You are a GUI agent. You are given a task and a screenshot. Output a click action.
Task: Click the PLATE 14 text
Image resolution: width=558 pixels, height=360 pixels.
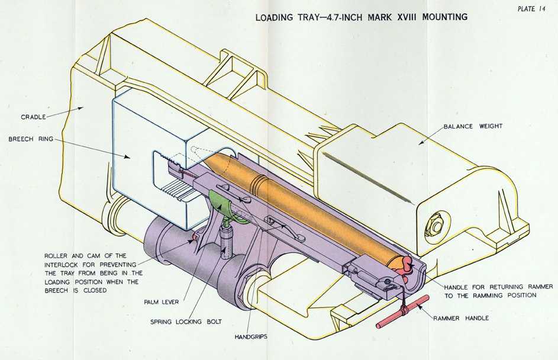[531, 8]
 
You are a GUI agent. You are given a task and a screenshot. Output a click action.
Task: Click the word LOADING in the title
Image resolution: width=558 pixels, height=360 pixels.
[275, 17]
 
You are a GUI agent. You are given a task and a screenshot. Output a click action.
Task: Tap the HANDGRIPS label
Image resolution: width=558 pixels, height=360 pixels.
[251, 337]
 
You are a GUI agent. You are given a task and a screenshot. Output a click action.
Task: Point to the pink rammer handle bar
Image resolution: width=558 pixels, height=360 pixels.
[402, 310]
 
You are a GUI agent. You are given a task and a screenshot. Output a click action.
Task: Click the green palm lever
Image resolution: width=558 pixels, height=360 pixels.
[222, 204]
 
